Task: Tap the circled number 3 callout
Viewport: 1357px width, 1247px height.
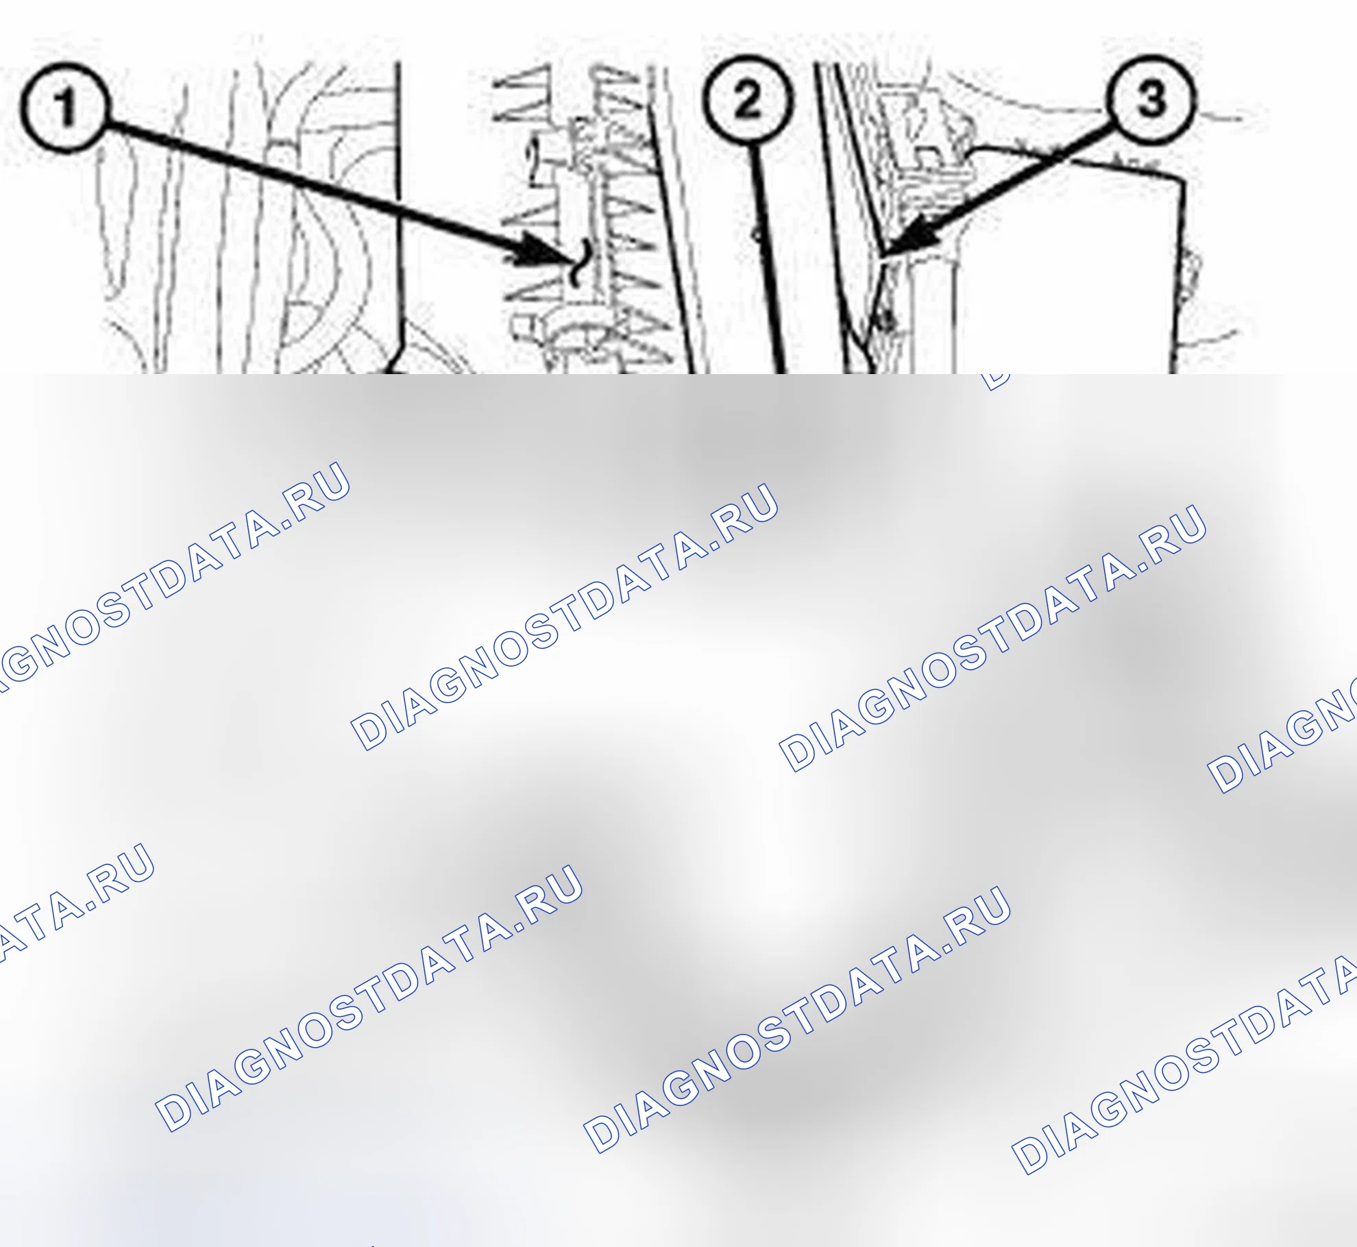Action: pos(1151,99)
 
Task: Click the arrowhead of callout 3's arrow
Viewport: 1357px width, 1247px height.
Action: pos(908,236)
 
